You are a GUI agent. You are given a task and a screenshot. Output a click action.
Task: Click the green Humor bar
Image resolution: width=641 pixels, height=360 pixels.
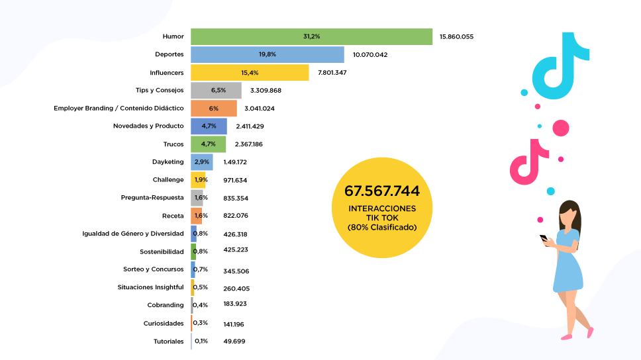tap(311, 36)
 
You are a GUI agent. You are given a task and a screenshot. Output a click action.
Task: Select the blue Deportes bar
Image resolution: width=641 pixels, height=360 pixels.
tap(267, 54)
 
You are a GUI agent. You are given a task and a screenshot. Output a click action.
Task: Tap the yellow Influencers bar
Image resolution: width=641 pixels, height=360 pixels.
tap(250, 72)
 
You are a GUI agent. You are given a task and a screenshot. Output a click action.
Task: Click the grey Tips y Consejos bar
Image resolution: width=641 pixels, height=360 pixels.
tap(216, 90)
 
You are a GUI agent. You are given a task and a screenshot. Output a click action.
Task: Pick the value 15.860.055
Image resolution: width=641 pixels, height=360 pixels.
tap(456, 36)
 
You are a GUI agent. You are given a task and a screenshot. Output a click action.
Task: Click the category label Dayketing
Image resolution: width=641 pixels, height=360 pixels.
tap(168, 161)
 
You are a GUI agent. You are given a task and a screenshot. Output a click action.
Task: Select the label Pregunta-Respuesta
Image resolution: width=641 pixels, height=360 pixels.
tap(152, 198)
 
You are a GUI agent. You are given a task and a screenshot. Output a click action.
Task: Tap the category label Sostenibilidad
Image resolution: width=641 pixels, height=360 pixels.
tap(162, 251)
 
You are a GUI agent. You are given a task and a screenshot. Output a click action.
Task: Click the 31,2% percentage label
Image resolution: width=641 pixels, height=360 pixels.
tap(311, 36)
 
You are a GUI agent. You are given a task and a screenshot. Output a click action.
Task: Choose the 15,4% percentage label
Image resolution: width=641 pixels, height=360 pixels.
tap(250, 72)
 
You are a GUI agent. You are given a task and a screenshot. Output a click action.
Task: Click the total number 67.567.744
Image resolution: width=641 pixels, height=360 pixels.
tap(382, 191)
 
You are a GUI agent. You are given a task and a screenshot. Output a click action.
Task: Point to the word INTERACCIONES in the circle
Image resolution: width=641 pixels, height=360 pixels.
tap(382, 208)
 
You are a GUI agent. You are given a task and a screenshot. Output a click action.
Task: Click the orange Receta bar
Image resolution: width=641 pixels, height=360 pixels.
tap(197, 216)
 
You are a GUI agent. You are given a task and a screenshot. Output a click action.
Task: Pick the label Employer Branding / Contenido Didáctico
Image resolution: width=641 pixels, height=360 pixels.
tap(119, 108)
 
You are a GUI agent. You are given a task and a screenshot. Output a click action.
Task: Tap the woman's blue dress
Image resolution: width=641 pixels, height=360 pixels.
tap(567, 265)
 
